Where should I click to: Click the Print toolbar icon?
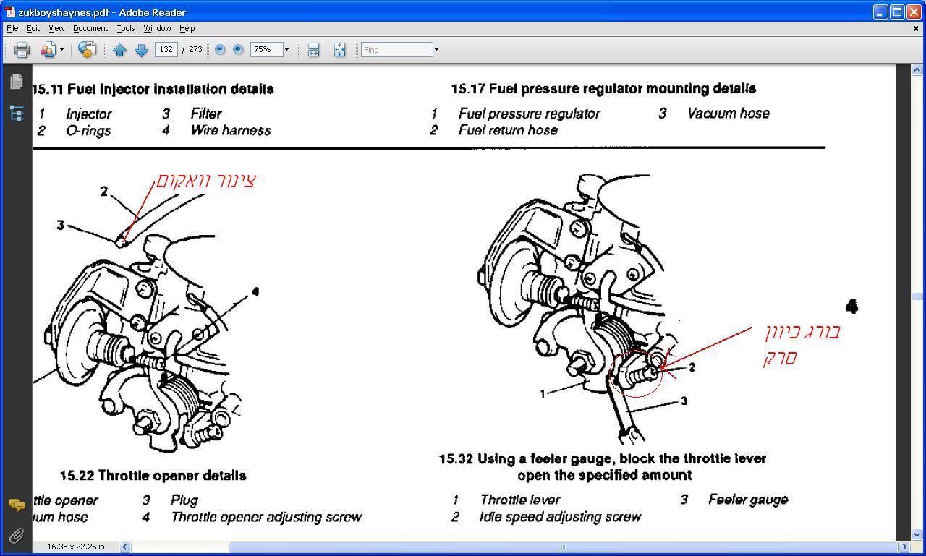point(22,50)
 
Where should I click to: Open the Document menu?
point(90,28)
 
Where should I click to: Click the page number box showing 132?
point(166,50)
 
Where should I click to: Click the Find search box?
point(396,50)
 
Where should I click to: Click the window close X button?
point(913,12)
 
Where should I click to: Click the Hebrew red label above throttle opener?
point(206,180)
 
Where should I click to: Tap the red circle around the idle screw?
point(636,374)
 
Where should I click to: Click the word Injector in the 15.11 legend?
point(88,114)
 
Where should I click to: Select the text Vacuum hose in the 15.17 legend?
point(728,113)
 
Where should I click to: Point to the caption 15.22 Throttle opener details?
point(153,475)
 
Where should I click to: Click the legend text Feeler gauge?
point(747,500)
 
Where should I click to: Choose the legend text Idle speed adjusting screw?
point(560,517)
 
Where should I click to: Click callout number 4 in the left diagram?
point(255,292)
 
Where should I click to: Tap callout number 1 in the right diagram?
point(543,395)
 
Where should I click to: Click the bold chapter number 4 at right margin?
point(851,307)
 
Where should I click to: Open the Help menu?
point(187,28)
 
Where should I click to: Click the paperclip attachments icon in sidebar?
point(16,536)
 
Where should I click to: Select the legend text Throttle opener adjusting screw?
point(266,517)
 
